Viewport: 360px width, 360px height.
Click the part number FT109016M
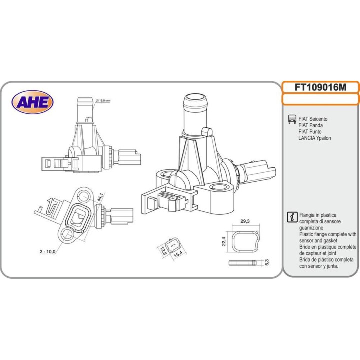[x=320, y=87]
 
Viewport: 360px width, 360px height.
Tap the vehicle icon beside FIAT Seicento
[x=291, y=119]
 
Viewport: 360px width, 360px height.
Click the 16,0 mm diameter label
[x=103, y=100]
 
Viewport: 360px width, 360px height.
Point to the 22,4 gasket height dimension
[x=224, y=241]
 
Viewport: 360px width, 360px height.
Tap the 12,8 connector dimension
[x=162, y=248]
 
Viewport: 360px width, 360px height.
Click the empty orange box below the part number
[x=320, y=99]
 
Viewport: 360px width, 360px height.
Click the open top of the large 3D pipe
[x=196, y=97]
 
